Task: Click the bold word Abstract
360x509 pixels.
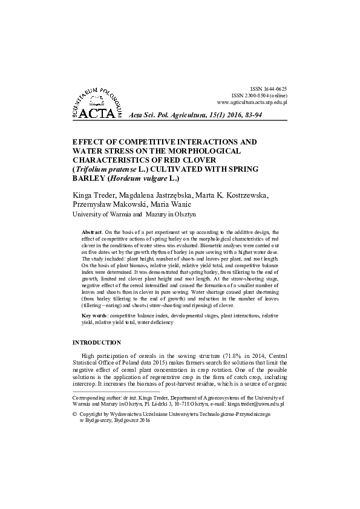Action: (x=92, y=232)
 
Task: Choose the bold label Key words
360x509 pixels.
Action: (x=96, y=316)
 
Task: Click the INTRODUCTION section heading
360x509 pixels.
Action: (x=97, y=343)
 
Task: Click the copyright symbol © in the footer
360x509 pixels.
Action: (x=74, y=414)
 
